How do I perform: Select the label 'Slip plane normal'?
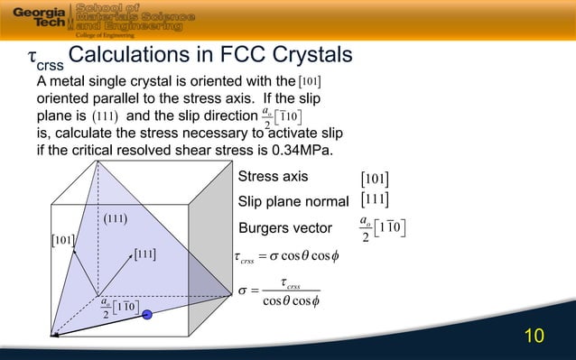point(293,199)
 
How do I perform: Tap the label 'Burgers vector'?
point(283,226)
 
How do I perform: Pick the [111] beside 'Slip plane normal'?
point(375,199)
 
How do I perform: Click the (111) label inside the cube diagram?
point(113,218)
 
